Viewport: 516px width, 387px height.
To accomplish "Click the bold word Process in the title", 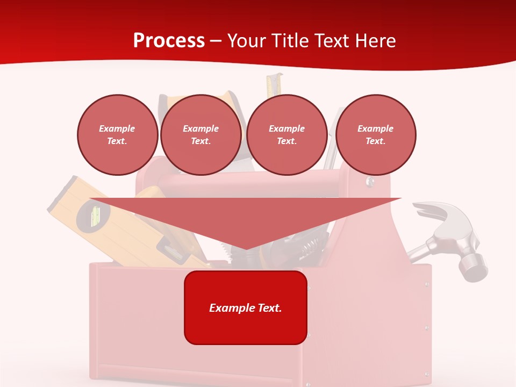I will pyautogui.click(x=169, y=40).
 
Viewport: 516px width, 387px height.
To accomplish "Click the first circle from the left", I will pyautogui.click(x=117, y=135).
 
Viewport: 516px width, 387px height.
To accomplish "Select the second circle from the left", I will pyautogui.click(x=200, y=135).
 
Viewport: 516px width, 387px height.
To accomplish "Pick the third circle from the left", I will pyautogui.click(x=286, y=135).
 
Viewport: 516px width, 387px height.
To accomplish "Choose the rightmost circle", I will pyautogui.click(x=376, y=135).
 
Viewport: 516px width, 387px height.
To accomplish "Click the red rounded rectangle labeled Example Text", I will pyautogui.click(x=246, y=307).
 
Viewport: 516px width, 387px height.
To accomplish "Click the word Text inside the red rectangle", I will pyautogui.click(x=268, y=308).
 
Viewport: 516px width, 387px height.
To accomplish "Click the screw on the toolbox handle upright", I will pyautogui.click(x=370, y=182).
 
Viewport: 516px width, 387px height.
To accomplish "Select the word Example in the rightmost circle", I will pyautogui.click(x=375, y=128).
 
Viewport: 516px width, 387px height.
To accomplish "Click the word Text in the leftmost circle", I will pyautogui.click(x=117, y=141).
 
